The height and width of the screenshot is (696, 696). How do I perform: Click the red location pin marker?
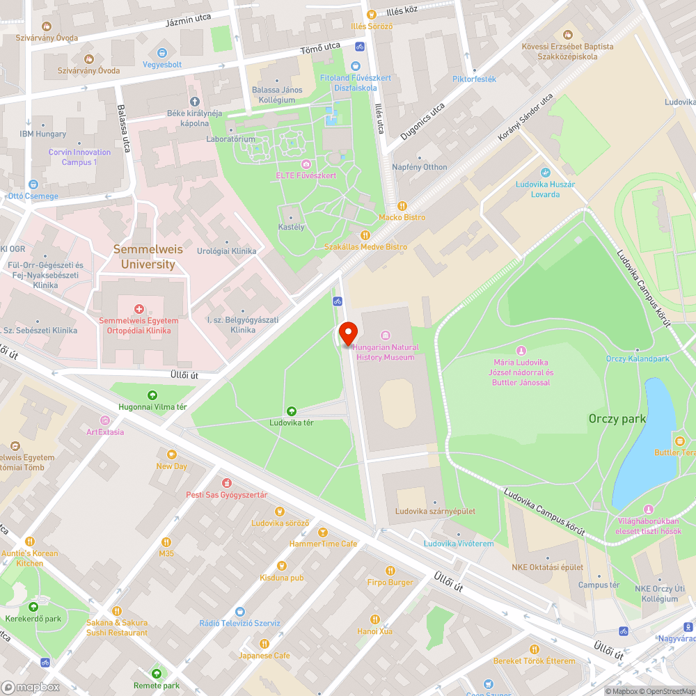click(x=347, y=333)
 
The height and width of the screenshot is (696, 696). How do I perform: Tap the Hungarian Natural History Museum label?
click(x=385, y=352)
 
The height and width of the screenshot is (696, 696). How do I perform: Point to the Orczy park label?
click(x=617, y=418)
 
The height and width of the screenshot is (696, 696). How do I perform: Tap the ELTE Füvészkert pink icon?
click(x=306, y=164)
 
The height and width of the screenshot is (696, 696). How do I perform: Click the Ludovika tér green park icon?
click(x=291, y=411)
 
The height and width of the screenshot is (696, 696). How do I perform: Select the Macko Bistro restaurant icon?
click(x=402, y=205)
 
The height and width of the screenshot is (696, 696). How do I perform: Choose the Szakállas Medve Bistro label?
click(x=365, y=247)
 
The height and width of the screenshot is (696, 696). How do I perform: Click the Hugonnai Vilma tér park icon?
click(x=153, y=395)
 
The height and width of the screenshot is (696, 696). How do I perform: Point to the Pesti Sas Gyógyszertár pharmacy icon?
click(x=226, y=483)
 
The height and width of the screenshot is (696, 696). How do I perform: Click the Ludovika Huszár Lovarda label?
click(x=545, y=189)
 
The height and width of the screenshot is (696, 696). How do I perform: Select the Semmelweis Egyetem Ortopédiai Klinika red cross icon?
click(x=139, y=308)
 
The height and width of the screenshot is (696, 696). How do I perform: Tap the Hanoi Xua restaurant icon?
click(x=375, y=619)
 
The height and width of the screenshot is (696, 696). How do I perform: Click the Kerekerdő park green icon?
click(x=33, y=607)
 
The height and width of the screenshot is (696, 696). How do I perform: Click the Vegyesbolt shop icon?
click(x=162, y=52)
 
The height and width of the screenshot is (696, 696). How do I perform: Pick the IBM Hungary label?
click(x=43, y=134)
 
